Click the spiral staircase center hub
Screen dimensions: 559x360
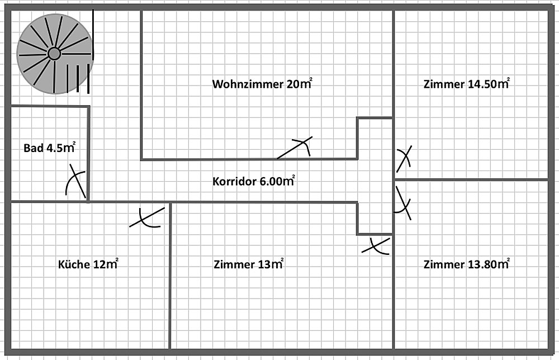click(54, 54)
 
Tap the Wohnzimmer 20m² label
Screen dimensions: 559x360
click(262, 84)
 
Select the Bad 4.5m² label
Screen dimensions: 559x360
click(50, 148)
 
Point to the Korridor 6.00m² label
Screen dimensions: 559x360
click(253, 181)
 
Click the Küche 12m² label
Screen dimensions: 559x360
click(88, 264)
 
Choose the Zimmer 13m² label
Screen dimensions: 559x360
click(249, 264)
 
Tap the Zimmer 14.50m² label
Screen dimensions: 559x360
click(466, 84)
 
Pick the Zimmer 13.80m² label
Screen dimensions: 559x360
click(466, 264)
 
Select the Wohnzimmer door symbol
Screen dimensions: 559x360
click(295, 148)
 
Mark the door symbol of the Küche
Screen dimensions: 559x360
click(147, 217)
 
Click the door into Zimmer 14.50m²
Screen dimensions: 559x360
click(404, 159)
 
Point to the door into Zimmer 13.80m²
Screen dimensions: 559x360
click(403, 203)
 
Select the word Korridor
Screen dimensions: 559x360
click(234, 182)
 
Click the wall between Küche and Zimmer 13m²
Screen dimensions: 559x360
click(170, 276)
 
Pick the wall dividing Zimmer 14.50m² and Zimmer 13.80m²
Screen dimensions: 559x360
click(471, 179)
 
